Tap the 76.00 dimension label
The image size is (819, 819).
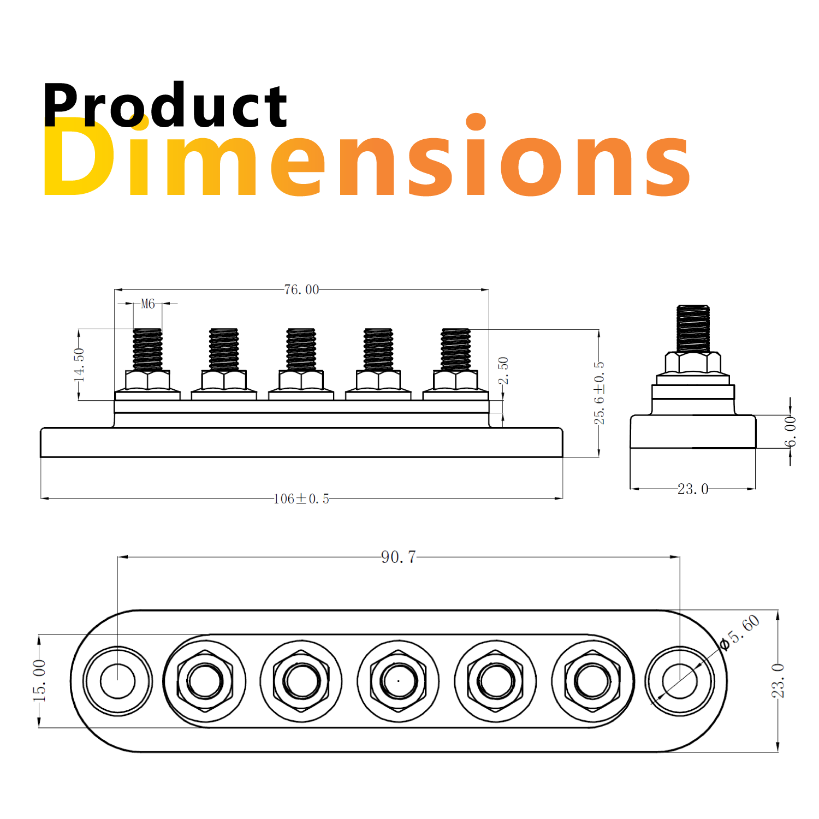(301, 289)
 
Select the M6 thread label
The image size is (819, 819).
(147, 304)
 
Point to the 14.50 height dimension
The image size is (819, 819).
(80, 364)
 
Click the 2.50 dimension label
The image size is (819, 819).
(503, 370)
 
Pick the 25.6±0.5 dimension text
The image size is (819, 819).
(599, 392)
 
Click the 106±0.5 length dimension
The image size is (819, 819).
(301, 498)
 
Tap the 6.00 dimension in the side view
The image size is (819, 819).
(791, 431)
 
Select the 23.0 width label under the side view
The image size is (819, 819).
(693, 489)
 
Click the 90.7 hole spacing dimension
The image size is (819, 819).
(399, 557)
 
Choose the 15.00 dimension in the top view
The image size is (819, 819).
(39, 680)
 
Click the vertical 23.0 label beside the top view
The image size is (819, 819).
(778, 680)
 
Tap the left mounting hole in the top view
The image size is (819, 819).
(117, 681)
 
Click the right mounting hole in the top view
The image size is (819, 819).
(679, 681)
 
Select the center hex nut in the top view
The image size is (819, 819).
(399, 681)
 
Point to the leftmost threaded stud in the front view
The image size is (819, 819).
(147, 349)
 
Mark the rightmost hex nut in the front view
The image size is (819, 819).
(455, 379)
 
